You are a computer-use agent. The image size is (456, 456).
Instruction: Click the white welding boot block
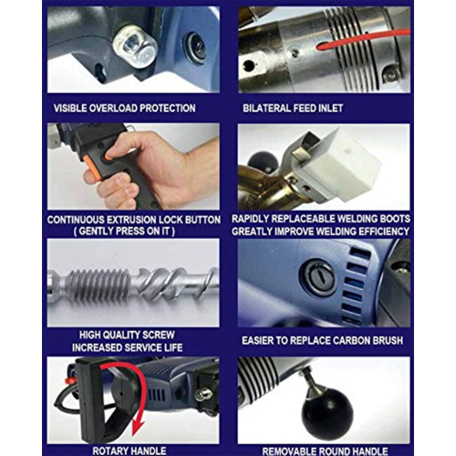coord(344,161)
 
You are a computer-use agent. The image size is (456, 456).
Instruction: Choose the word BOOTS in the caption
coord(395,219)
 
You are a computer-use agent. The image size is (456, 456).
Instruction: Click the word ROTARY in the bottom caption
coord(109,451)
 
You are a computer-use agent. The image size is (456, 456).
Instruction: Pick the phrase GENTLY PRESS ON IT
coord(124,232)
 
